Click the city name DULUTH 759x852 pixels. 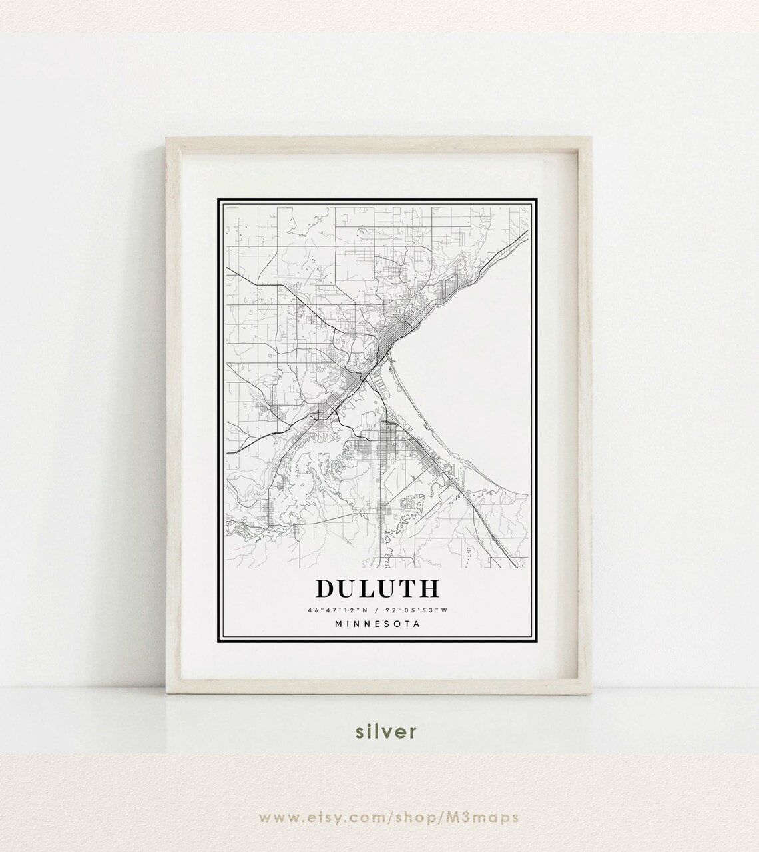378,588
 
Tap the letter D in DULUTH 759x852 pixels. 326,588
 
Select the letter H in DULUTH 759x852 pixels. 429,588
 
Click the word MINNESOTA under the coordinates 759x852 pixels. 378,624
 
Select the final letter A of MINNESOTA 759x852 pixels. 417,624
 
